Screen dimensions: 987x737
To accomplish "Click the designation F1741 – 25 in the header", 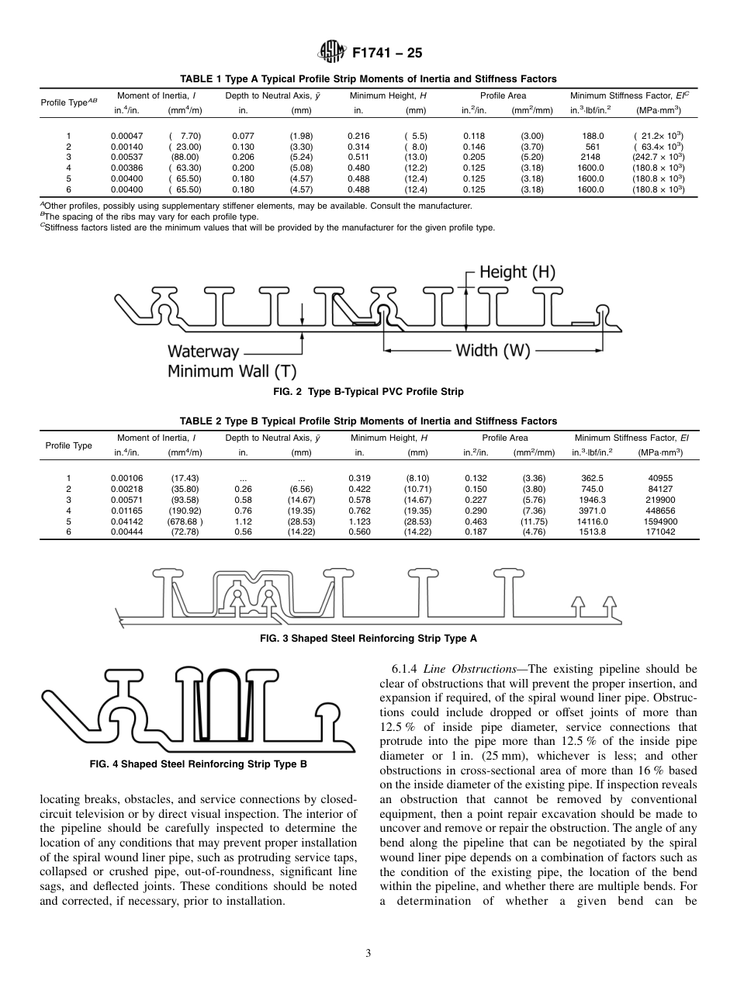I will [x=386, y=54].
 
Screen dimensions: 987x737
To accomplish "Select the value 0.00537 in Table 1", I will [x=126, y=156].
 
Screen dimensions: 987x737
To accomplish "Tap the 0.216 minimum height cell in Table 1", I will [x=358, y=135].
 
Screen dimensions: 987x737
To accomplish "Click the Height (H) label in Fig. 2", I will [x=517, y=272].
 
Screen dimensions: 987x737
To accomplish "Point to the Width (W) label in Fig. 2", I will [x=493, y=350].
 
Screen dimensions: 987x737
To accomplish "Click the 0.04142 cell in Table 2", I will [x=126, y=521].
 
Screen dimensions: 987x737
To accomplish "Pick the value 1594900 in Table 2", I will [x=658, y=521].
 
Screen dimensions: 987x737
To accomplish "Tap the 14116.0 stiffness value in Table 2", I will [x=592, y=521].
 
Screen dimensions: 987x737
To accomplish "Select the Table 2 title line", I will [x=368, y=421].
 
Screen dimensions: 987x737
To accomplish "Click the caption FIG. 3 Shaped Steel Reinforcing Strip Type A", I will [x=368, y=638].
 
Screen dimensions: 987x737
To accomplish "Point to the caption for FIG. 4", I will [x=199, y=764].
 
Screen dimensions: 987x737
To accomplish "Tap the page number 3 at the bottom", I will [x=368, y=954].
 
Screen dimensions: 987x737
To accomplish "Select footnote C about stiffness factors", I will [x=268, y=227].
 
